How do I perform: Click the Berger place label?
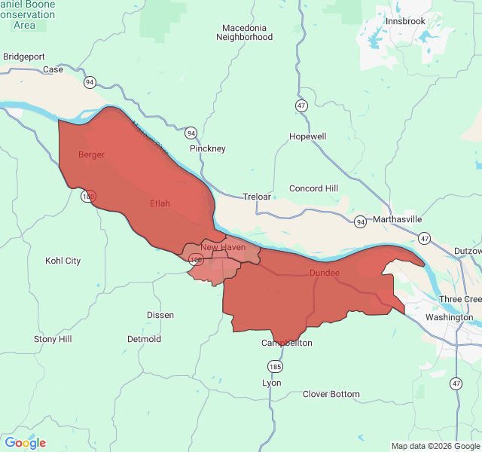[91, 154]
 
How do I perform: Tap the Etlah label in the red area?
[160, 203]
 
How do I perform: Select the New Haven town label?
[223, 247]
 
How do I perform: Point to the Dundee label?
[325, 273]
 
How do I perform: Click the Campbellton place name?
[286, 343]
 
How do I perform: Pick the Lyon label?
[271, 383]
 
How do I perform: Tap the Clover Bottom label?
[331, 394]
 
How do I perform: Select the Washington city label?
[449, 317]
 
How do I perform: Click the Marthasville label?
[398, 219]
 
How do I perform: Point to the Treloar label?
[256, 197]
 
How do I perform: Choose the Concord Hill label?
[314, 188]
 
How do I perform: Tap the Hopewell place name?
[307, 136]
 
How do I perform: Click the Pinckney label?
[208, 148]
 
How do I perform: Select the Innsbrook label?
[405, 21]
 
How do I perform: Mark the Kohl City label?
[63, 261]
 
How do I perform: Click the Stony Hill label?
[53, 339]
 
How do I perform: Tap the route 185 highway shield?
[276, 366]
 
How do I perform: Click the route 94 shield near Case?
[90, 82]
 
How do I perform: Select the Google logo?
[25, 443]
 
